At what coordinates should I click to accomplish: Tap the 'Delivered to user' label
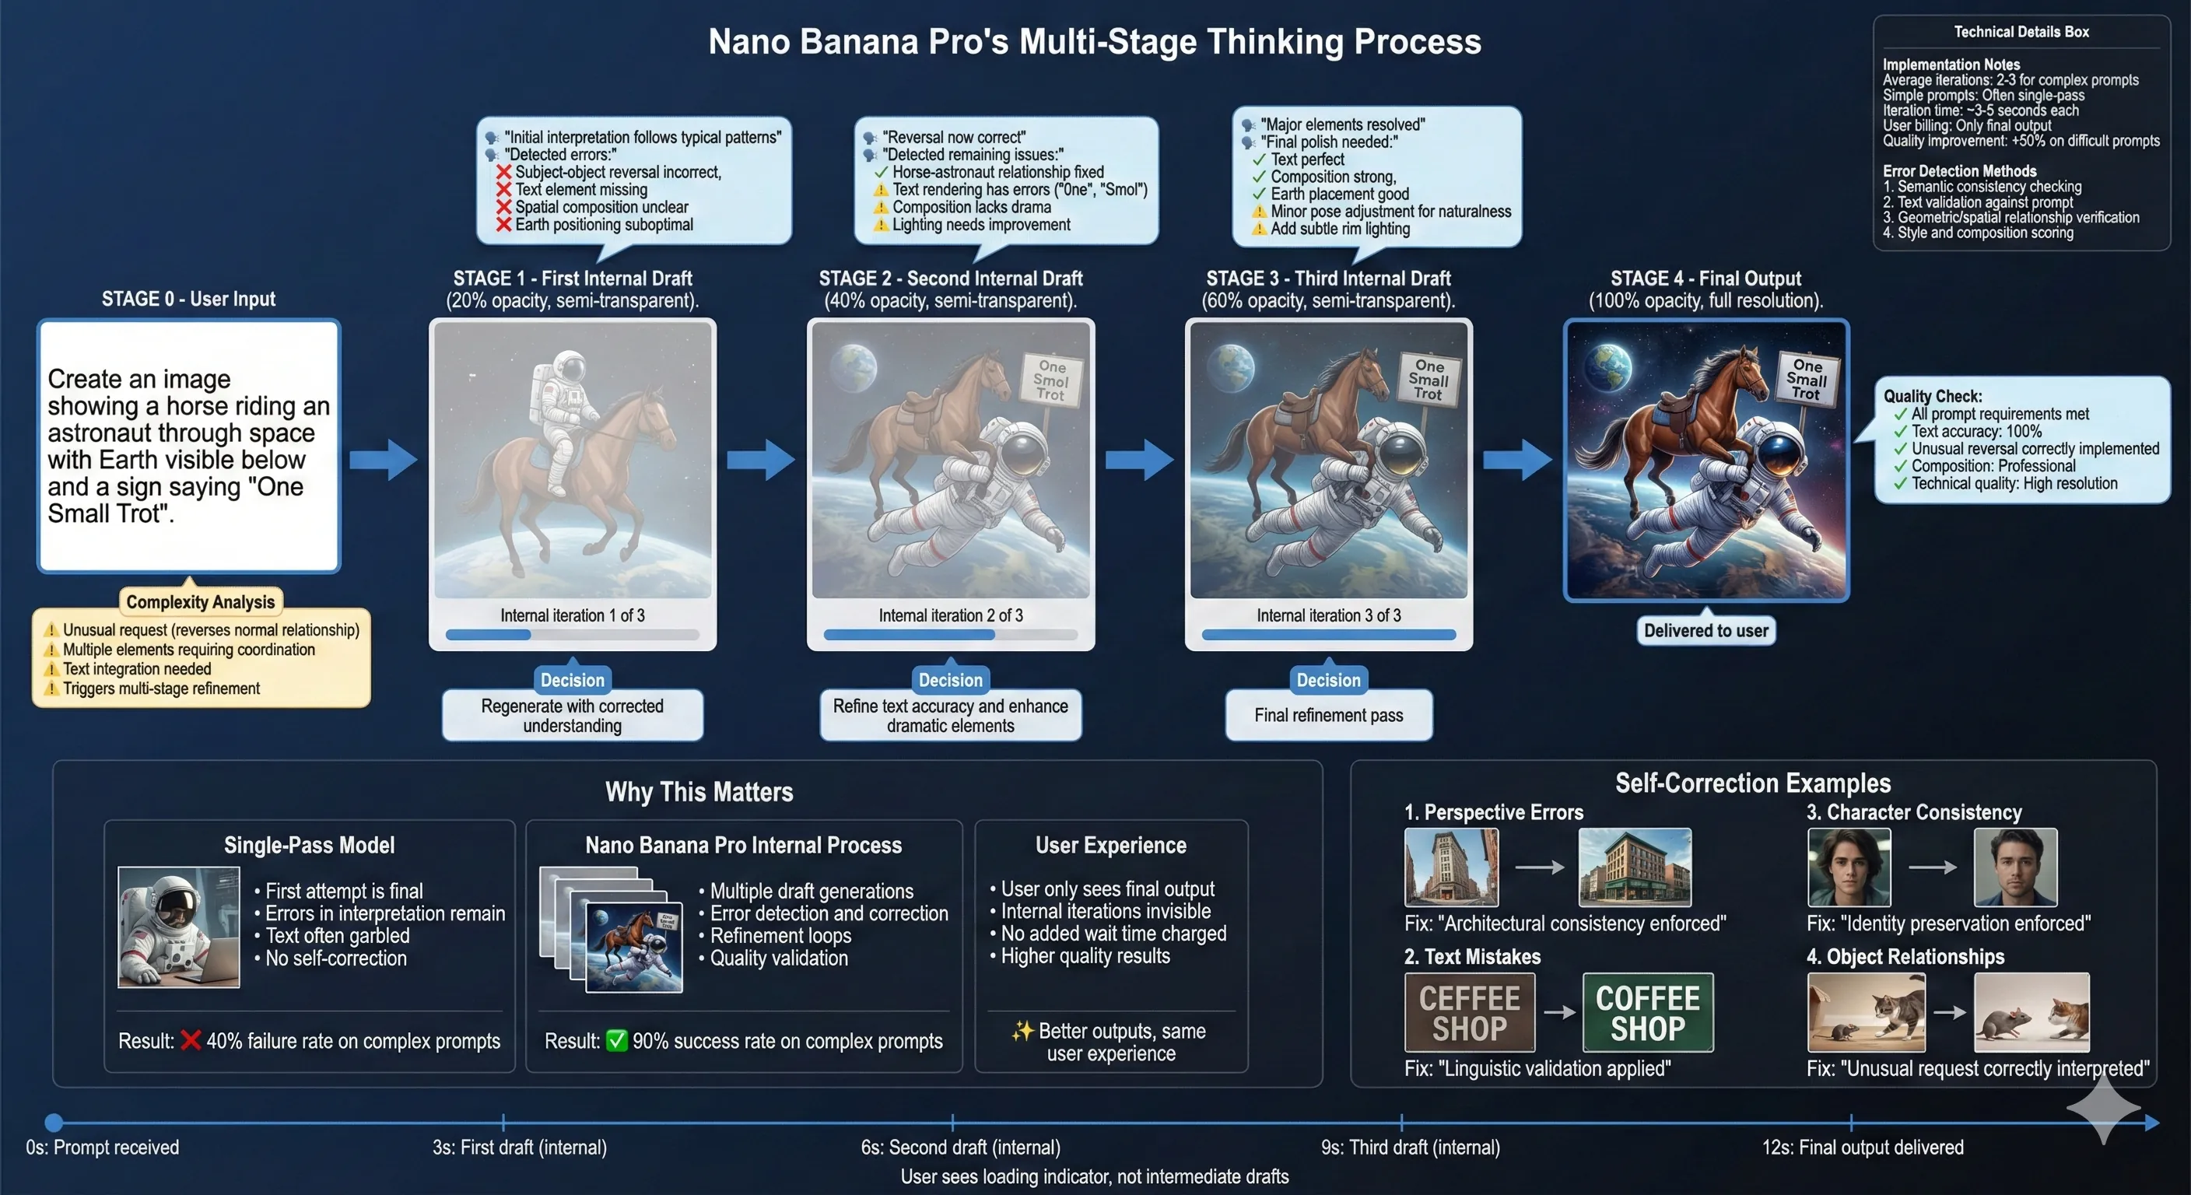point(1705,630)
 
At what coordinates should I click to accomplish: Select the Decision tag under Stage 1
point(573,679)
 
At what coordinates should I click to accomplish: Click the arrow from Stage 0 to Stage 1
point(384,460)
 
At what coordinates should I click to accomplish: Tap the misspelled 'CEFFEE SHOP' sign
point(1469,1013)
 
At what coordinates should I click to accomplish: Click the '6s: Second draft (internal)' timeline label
point(960,1148)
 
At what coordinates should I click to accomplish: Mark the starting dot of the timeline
point(54,1123)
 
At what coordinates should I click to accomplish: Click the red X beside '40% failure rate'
point(191,1040)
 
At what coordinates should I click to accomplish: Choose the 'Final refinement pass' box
point(1329,715)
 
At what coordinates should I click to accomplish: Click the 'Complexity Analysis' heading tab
point(201,602)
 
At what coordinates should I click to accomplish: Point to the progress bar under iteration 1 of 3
point(573,635)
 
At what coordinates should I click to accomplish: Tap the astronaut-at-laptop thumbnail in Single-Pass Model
point(179,927)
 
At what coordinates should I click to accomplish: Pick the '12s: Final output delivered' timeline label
point(1862,1148)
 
